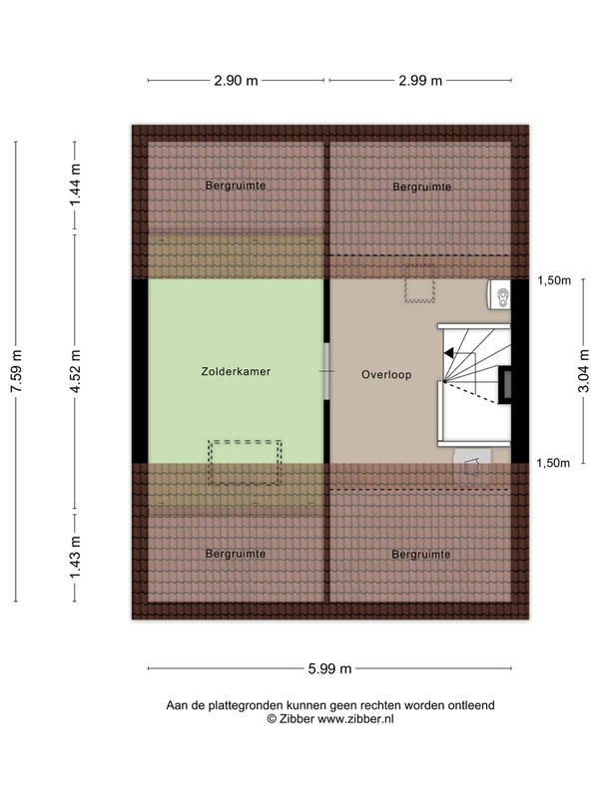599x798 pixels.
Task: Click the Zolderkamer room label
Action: tap(236, 371)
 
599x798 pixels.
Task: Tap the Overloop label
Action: tap(386, 375)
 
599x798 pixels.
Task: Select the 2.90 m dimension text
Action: tap(236, 81)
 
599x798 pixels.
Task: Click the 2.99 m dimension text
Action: tap(420, 81)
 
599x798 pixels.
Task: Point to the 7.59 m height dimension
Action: tap(16, 371)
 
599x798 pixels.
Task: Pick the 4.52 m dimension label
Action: tap(76, 371)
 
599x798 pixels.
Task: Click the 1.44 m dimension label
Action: tap(76, 186)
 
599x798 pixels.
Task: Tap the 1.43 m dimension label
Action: tap(76, 558)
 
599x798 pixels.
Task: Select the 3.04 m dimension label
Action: tap(584, 371)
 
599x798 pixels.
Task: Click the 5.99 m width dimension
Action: tap(329, 668)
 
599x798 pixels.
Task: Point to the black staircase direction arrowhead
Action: tap(448, 352)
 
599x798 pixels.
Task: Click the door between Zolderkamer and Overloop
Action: tap(327, 371)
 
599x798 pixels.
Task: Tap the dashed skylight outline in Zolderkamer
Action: tap(245, 462)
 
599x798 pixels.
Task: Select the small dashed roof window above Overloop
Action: tap(419, 283)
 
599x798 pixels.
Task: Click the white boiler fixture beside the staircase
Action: tap(499, 294)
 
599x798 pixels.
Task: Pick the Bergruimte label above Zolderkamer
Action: tap(236, 186)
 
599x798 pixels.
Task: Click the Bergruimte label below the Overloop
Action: tap(421, 555)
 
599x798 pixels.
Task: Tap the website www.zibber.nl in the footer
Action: tap(356, 719)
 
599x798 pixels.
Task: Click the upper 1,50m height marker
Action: tap(554, 280)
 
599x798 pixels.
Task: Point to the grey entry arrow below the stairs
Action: tap(472, 466)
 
